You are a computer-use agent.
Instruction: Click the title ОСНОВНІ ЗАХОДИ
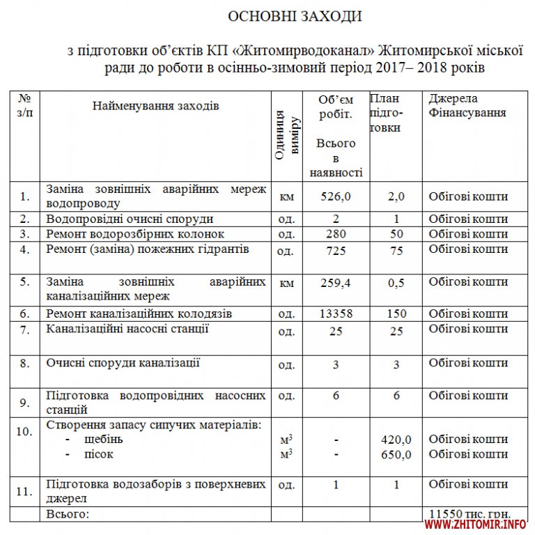point(295,16)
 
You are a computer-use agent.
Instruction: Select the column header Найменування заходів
point(155,106)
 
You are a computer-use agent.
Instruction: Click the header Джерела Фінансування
point(467,105)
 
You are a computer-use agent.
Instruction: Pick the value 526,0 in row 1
point(336,196)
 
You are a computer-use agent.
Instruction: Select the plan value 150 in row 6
point(396,314)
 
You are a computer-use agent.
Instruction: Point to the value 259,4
point(336,282)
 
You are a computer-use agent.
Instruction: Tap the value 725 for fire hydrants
point(336,251)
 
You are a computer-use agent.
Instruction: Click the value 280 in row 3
point(336,233)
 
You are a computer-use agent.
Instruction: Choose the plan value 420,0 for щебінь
point(396,440)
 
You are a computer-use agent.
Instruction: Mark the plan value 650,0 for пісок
point(396,455)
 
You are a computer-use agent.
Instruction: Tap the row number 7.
point(25,330)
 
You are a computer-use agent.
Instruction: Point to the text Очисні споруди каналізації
point(123,362)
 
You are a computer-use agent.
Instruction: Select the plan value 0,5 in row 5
point(396,282)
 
